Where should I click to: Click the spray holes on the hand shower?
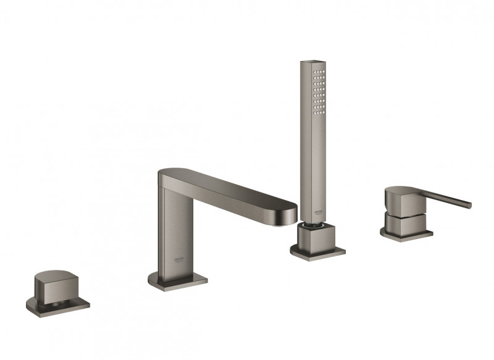[319, 92]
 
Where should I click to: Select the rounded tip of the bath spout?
[290, 211]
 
